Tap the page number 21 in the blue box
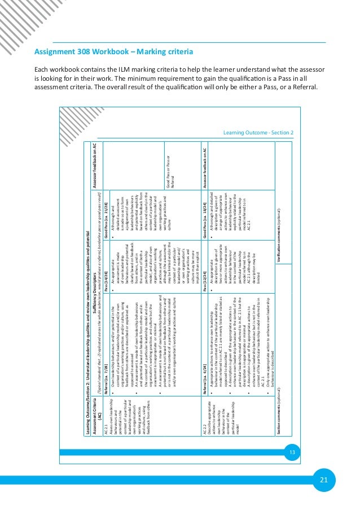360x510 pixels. [323, 480]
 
